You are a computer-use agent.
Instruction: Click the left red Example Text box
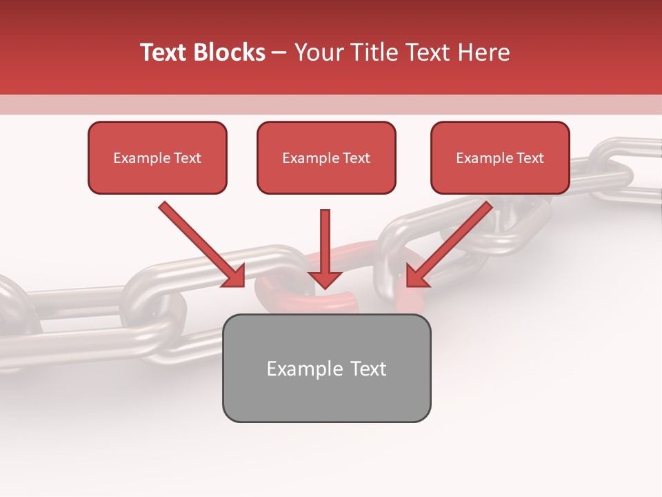pyautogui.click(x=157, y=157)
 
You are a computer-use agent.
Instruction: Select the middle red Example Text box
pyautogui.click(x=326, y=157)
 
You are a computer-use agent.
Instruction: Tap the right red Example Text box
pyautogui.click(x=500, y=157)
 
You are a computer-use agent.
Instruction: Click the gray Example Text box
pyautogui.click(x=326, y=368)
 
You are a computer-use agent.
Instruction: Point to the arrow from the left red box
pyautogui.click(x=200, y=242)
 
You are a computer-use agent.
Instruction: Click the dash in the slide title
pyautogui.click(x=280, y=52)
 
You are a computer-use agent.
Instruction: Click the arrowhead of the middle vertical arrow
pyautogui.click(x=325, y=279)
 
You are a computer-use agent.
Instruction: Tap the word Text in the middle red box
pyautogui.click(x=357, y=157)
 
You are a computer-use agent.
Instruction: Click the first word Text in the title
pyautogui.click(x=165, y=52)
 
